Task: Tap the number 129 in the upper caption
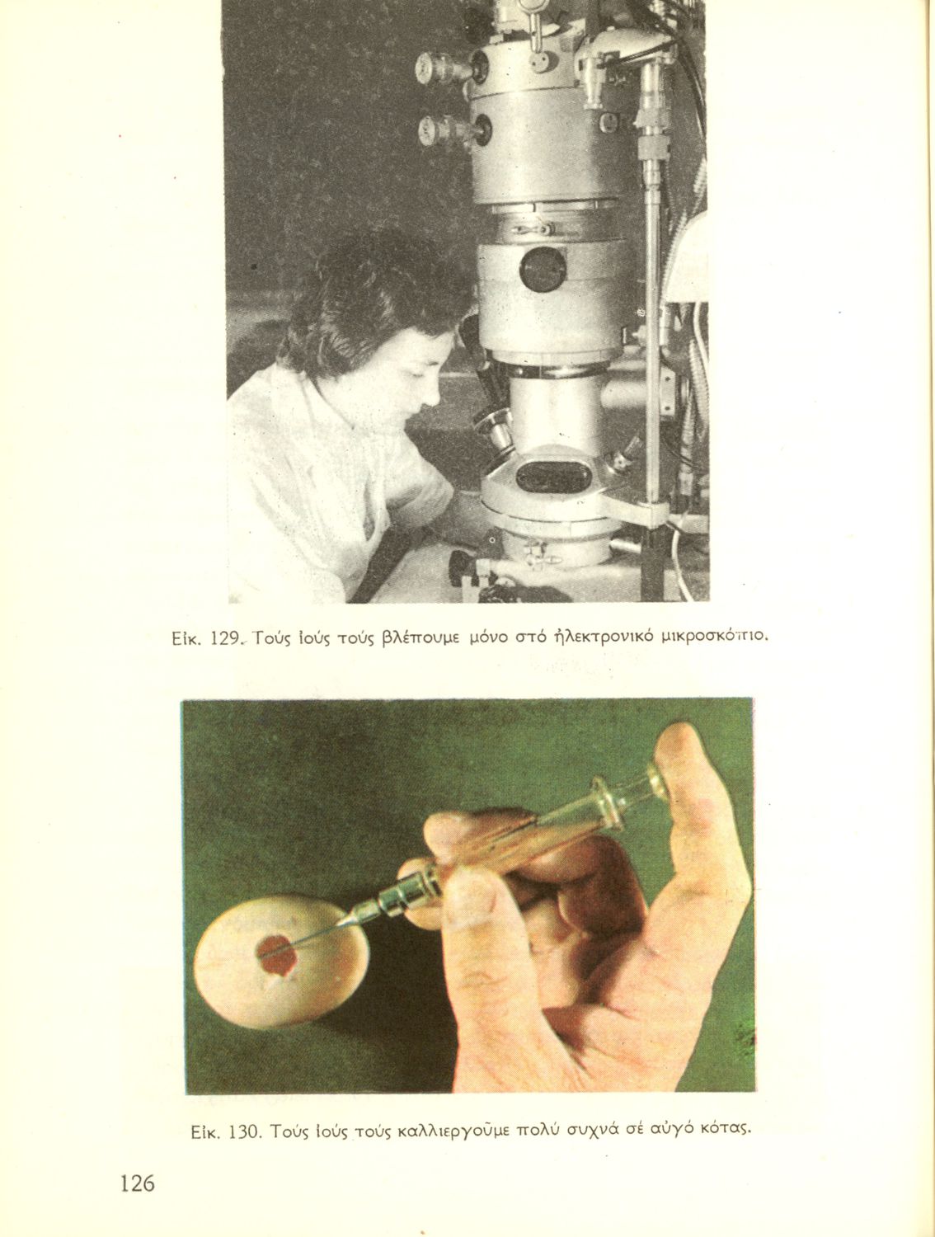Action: click(224, 638)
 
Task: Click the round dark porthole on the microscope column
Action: click(543, 270)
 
